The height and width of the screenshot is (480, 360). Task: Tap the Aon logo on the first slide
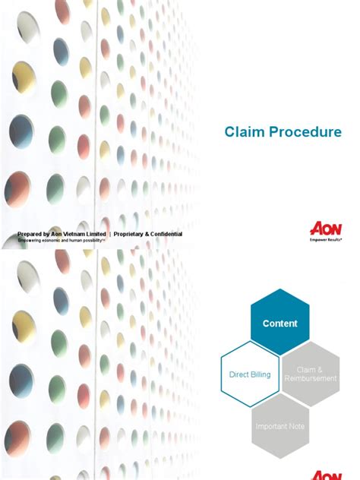click(325, 228)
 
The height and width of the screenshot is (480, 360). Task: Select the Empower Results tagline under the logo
click(325, 238)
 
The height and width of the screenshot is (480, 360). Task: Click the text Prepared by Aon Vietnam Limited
click(62, 234)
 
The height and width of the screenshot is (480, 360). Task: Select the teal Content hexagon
click(279, 322)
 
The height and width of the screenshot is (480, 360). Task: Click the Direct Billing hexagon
click(250, 374)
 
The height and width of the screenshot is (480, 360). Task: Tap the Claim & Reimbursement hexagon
click(310, 374)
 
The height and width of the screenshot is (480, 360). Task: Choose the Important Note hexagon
click(279, 426)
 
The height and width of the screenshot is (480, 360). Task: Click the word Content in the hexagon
click(279, 324)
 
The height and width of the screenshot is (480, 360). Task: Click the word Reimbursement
click(310, 378)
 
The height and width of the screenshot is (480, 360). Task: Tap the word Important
click(271, 426)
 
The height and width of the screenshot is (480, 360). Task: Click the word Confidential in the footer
click(160, 234)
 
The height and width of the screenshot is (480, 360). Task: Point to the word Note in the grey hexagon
click(296, 426)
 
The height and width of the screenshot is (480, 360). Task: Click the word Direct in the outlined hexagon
click(239, 374)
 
